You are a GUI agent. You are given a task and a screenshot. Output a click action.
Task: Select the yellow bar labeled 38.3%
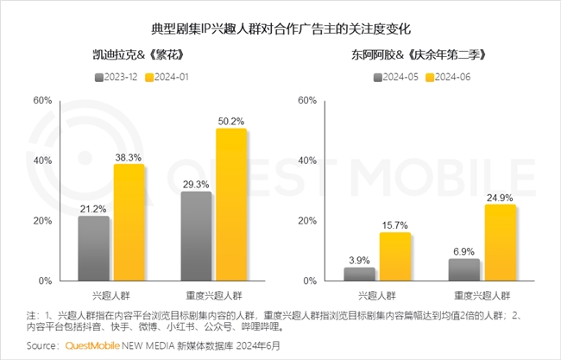click(129, 223)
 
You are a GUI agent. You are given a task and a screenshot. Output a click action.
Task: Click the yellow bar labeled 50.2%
click(232, 205)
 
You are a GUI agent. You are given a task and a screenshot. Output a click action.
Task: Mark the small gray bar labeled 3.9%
click(359, 275)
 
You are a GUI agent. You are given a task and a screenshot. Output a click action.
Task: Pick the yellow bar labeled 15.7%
click(394, 257)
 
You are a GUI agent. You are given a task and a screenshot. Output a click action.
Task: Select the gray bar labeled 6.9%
click(463, 270)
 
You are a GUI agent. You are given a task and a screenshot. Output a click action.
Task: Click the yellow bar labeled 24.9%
click(500, 243)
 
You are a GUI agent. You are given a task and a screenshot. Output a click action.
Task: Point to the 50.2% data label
click(230, 120)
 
